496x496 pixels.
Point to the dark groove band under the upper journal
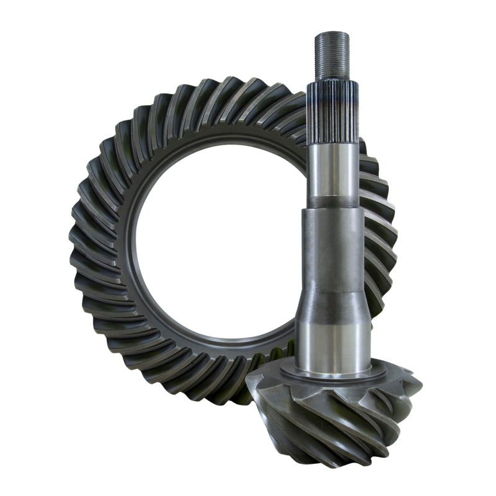tap(334, 202)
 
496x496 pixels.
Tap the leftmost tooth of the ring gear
tap(77, 242)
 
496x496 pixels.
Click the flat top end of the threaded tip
tap(332, 33)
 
